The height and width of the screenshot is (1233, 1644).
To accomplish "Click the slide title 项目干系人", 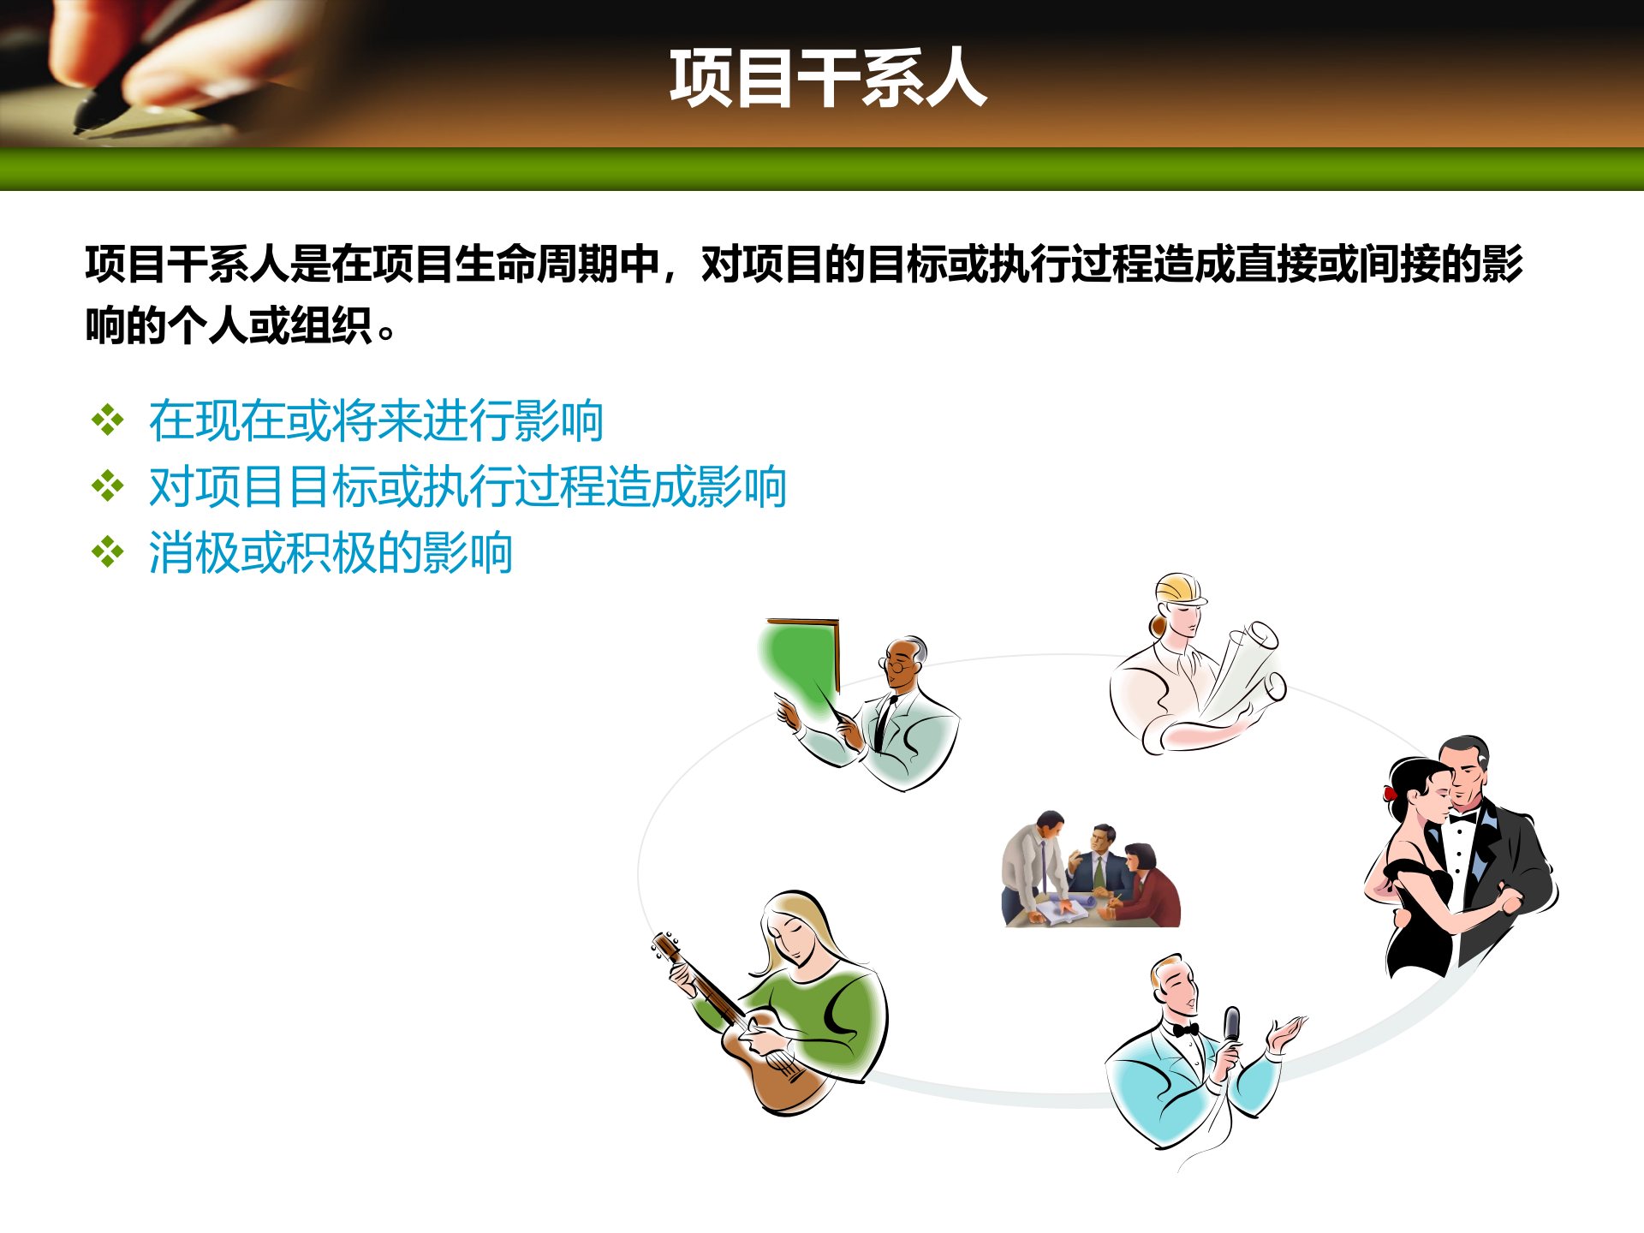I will (x=827, y=79).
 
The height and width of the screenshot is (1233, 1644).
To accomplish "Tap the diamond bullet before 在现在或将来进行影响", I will (x=108, y=420).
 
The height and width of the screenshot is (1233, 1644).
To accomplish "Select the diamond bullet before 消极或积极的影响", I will (x=108, y=552).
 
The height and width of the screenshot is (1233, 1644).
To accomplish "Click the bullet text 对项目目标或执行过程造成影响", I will (x=468, y=486).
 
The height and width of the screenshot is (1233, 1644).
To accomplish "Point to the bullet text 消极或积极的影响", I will (x=331, y=552).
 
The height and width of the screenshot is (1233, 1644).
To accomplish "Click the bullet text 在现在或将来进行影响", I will (x=376, y=420).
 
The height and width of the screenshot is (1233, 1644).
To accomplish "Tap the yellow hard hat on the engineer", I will (x=1179, y=589).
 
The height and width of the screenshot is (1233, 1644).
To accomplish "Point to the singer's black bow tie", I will (x=1186, y=1029).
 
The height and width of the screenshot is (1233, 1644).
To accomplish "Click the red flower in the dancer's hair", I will (x=1391, y=793).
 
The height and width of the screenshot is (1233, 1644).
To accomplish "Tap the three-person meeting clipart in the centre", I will (x=1091, y=870).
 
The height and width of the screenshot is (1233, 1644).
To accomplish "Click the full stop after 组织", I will (x=386, y=332).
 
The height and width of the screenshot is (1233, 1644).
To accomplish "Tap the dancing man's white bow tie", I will (x=1462, y=818).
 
